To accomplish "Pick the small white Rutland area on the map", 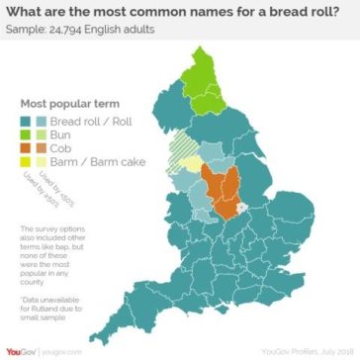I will click(x=241, y=210).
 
